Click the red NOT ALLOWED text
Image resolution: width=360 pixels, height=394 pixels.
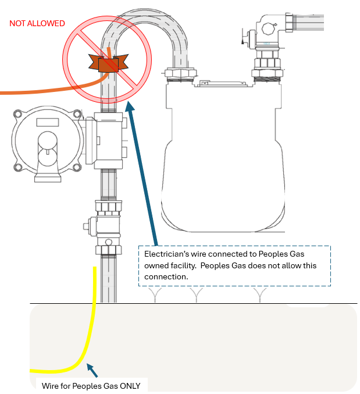(x=37, y=23)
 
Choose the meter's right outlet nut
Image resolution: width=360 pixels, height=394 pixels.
(x=268, y=64)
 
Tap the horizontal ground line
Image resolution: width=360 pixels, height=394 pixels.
(x=233, y=303)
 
